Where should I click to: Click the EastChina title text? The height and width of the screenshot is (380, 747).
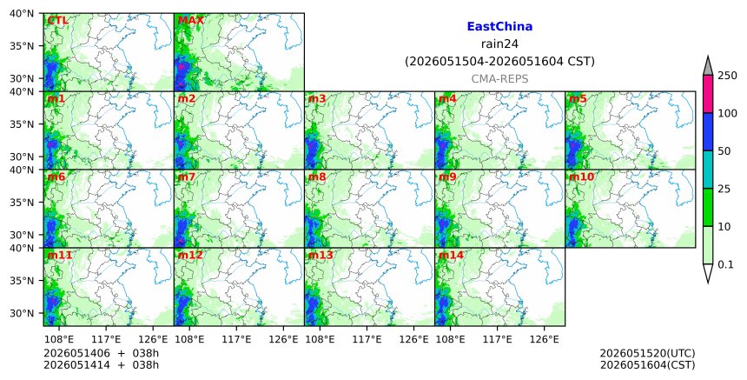(499, 27)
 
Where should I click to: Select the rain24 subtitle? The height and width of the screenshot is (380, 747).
(499, 43)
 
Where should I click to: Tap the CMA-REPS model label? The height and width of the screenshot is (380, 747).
(499, 79)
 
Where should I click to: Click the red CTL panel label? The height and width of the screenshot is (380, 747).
(57, 21)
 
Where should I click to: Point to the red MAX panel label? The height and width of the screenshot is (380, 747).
(190, 21)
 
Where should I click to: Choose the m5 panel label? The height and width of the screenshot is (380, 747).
(578, 98)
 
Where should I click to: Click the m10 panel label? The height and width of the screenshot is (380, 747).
(581, 177)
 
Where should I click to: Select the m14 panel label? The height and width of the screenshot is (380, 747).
(451, 255)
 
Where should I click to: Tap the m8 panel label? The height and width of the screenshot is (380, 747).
(317, 177)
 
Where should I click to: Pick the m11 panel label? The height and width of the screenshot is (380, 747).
(60, 255)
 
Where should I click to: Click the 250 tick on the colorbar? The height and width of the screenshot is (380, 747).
(728, 76)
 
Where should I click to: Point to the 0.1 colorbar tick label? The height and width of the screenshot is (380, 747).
(725, 264)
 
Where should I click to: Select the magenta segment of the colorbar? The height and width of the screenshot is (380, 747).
(707, 94)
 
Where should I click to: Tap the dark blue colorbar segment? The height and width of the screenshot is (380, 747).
(707, 131)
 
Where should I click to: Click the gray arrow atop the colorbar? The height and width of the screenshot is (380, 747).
(707, 66)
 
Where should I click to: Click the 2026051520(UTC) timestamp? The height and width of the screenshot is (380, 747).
(647, 353)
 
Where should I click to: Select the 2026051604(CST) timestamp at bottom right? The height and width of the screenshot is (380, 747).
(647, 365)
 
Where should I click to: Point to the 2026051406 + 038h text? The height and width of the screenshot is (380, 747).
(101, 353)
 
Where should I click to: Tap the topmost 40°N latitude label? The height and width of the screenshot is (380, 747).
(22, 13)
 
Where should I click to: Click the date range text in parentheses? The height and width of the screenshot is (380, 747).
(499, 62)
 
